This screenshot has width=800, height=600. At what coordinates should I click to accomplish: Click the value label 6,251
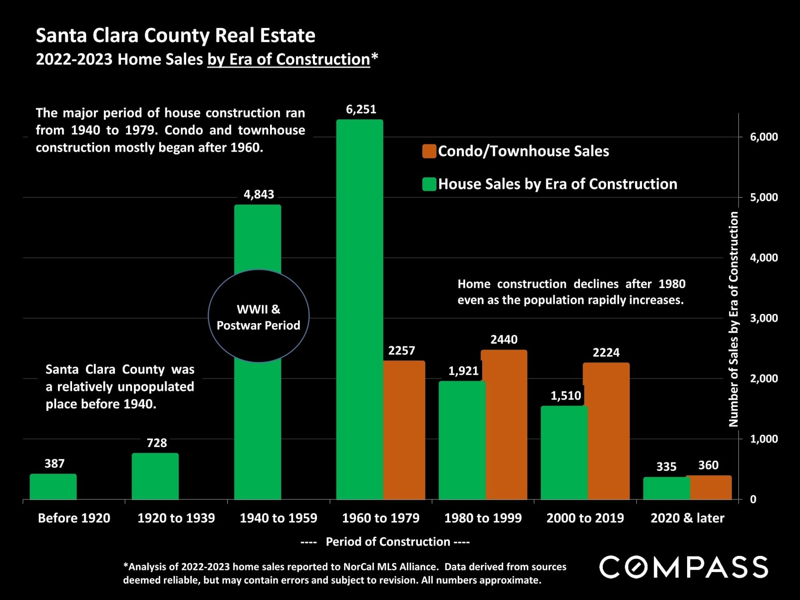pyautogui.click(x=361, y=110)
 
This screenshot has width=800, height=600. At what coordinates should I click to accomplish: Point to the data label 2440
pyautogui.click(x=504, y=339)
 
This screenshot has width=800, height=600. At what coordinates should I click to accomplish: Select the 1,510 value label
pyautogui.click(x=565, y=395)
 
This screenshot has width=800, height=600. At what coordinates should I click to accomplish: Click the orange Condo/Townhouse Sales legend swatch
pyautogui.click(x=429, y=151)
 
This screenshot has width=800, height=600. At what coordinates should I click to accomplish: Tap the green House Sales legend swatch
pyautogui.click(x=429, y=184)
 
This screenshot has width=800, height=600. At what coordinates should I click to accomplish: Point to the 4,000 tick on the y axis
pyautogui.click(x=763, y=258)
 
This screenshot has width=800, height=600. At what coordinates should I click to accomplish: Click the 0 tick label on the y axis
pyautogui.click(x=753, y=499)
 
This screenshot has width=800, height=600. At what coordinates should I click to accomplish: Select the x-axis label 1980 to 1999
pyautogui.click(x=483, y=518)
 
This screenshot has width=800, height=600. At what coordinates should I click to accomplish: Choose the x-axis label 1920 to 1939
pyautogui.click(x=176, y=518)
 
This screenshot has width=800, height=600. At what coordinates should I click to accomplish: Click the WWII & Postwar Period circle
pyautogui.click(x=258, y=316)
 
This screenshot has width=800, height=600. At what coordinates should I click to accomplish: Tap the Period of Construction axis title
pyautogui.click(x=387, y=542)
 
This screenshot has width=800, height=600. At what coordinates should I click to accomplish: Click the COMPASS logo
pyautogui.click(x=683, y=567)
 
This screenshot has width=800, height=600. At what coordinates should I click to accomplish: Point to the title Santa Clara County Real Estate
pyautogui.click(x=175, y=35)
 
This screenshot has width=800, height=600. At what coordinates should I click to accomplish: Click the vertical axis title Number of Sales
pyautogui.click(x=733, y=319)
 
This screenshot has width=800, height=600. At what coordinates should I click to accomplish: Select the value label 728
pyautogui.click(x=157, y=443)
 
